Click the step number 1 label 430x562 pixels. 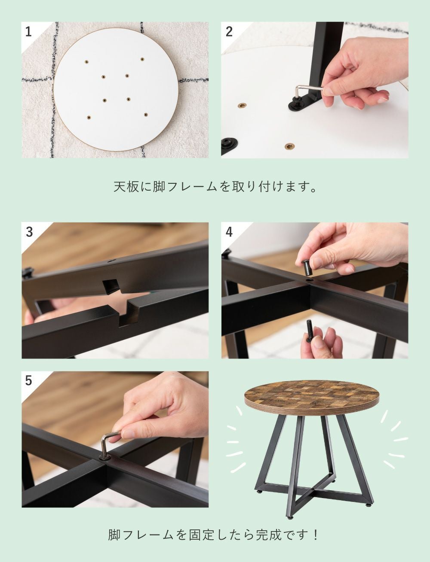coord(28,32)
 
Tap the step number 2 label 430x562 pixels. coord(229,32)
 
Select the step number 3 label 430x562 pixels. coord(29,232)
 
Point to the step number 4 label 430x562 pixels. coord(229,232)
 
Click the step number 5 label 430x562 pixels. coord(28,381)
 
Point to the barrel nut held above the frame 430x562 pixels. coord(307,267)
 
